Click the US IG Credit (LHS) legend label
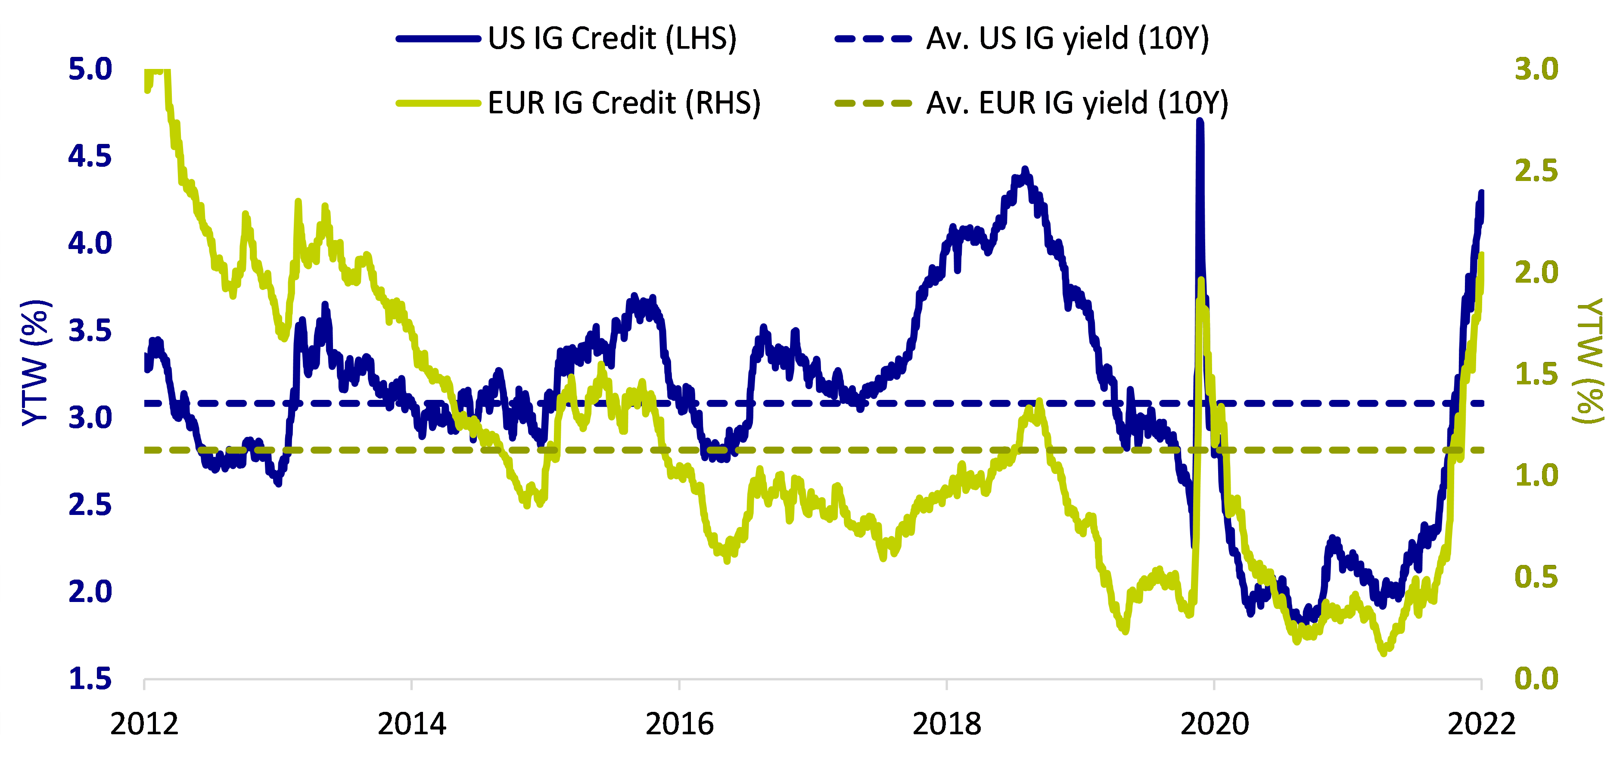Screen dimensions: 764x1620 click(x=612, y=39)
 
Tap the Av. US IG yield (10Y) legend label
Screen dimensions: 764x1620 click(x=1067, y=39)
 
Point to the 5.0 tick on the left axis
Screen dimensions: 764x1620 click(x=90, y=69)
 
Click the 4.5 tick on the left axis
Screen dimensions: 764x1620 click(x=90, y=156)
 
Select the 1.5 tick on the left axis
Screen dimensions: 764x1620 click(x=90, y=679)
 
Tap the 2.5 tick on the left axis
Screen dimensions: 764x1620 click(x=90, y=505)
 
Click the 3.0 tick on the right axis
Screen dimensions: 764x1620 click(x=1536, y=69)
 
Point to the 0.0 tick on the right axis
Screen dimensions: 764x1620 click(x=1536, y=679)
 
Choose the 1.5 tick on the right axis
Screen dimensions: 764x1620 click(x=1536, y=374)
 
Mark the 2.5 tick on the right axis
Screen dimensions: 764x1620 click(x=1536, y=171)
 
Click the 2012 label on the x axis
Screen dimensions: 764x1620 click(x=144, y=724)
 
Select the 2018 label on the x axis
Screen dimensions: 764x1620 click(x=946, y=724)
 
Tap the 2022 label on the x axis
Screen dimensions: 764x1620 click(x=1482, y=724)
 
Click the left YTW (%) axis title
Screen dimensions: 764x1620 click(x=36, y=363)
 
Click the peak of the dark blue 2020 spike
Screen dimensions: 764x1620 click(x=1200, y=122)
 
